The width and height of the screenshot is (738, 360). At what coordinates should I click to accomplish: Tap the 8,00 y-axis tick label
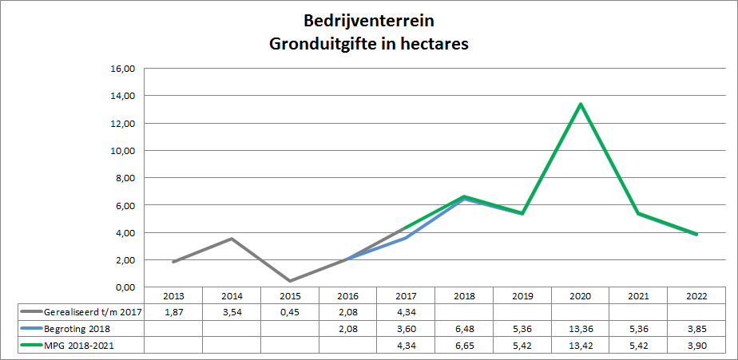[x=126, y=178]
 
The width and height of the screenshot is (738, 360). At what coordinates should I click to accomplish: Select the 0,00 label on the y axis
[x=126, y=287]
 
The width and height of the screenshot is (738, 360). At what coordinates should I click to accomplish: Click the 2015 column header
[x=290, y=296]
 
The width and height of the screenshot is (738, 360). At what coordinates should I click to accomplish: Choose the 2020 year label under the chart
[x=581, y=296]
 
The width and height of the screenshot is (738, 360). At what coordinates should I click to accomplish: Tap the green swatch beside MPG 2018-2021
[x=31, y=346]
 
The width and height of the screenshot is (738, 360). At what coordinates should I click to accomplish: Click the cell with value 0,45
[x=290, y=311]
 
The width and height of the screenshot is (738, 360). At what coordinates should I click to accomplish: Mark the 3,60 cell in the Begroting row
[x=407, y=329]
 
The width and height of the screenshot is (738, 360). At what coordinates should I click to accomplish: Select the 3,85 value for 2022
[x=697, y=329]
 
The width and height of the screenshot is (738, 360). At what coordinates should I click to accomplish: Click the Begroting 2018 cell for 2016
[x=348, y=329]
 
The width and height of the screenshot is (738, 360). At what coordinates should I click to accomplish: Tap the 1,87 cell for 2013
[x=173, y=311]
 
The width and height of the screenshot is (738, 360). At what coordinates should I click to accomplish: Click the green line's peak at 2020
[x=581, y=104]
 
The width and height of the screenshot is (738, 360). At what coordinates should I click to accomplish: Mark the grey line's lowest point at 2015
[x=290, y=281]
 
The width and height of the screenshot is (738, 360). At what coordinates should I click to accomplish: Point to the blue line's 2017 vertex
[x=407, y=238]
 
